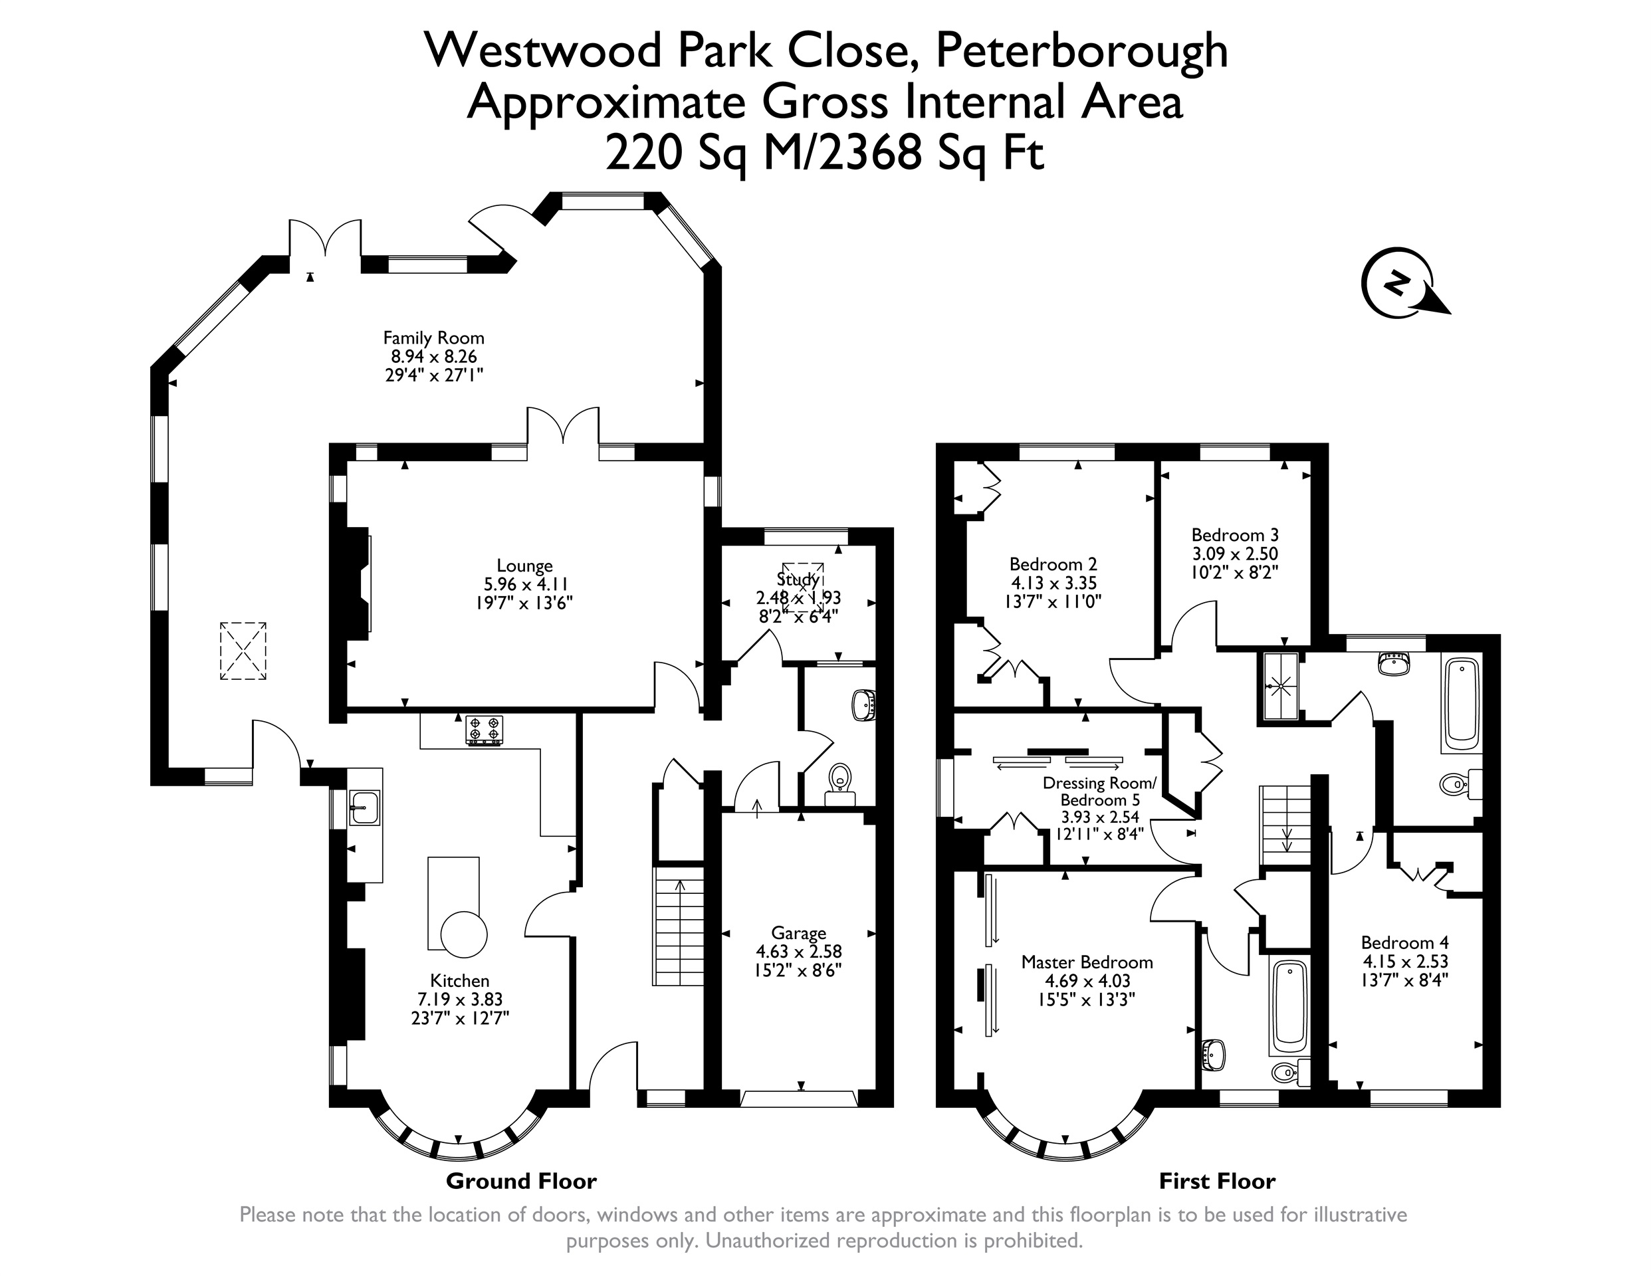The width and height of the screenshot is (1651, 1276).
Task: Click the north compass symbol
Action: click(1404, 282)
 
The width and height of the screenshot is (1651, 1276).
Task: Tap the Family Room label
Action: click(433, 338)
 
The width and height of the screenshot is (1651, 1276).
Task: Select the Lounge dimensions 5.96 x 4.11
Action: click(525, 584)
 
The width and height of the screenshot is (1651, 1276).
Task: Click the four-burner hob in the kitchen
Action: click(484, 731)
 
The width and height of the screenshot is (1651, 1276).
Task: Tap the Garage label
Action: click(798, 934)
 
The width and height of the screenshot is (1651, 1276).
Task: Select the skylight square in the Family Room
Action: click(243, 651)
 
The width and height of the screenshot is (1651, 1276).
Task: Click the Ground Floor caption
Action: click(521, 1181)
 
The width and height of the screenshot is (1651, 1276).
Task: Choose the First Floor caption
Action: click(1217, 1181)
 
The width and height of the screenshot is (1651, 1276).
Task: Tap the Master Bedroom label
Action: click(1087, 962)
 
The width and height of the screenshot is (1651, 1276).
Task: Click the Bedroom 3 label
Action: click(1235, 535)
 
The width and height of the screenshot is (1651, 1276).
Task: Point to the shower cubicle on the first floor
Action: click(1281, 686)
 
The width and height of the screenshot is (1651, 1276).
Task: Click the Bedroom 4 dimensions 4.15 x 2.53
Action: click(1404, 962)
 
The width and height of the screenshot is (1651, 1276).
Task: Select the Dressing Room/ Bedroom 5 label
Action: click(1100, 792)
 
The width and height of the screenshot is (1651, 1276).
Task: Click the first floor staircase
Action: click(1284, 825)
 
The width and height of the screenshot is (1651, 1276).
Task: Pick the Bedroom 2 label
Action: click(1053, 564)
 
